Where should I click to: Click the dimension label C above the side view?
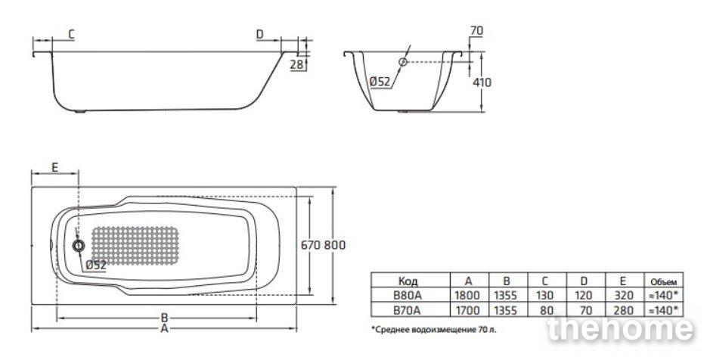click(x=71, y=35)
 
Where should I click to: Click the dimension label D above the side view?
click(x=260, y=34)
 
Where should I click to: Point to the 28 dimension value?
click(x=296, y=64)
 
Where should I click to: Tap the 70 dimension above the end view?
click(x=477, y=31)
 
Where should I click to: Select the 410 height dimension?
click(x=482, y=82)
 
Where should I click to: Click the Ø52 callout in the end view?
click(x=380, y=82)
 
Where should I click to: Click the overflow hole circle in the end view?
click(x=402, y=62)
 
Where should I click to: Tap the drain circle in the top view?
click(x=79, y=246)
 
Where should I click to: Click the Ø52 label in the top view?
click(x=96, y=265)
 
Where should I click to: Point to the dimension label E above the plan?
click(x=54, y=168)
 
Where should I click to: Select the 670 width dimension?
click(x=311, y=245)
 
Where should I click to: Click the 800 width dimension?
click(x=335, y=245)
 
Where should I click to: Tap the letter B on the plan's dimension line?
click(x=164, y=318)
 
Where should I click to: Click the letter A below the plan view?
click(x=164, y=329)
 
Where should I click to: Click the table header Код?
click(x=408, y=281)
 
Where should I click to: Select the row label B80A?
click(x=408, y=296)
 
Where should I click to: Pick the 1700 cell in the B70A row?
click(x=467, y=311)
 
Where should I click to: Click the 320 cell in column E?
click(x=625, y=296)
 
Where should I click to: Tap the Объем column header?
click(x=664, y=281)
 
